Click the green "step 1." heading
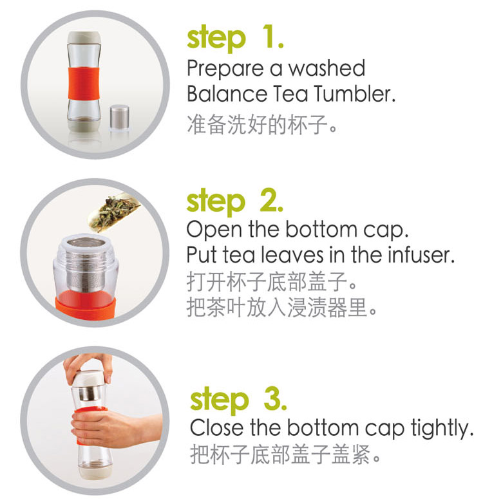tap(236, 39)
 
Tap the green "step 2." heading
tap(235, 202)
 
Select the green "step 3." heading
tap(238, 400)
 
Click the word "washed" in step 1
tap(327, 68)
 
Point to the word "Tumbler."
tap(354, 93)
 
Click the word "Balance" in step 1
tap(227, 93)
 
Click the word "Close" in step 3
tap(217, 428)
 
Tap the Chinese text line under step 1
tap(261, 124)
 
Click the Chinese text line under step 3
tap(285, 454)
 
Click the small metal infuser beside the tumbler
tap(120, 117)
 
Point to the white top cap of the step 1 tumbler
tap(84, 38)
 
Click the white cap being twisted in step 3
tap(88, 378)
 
